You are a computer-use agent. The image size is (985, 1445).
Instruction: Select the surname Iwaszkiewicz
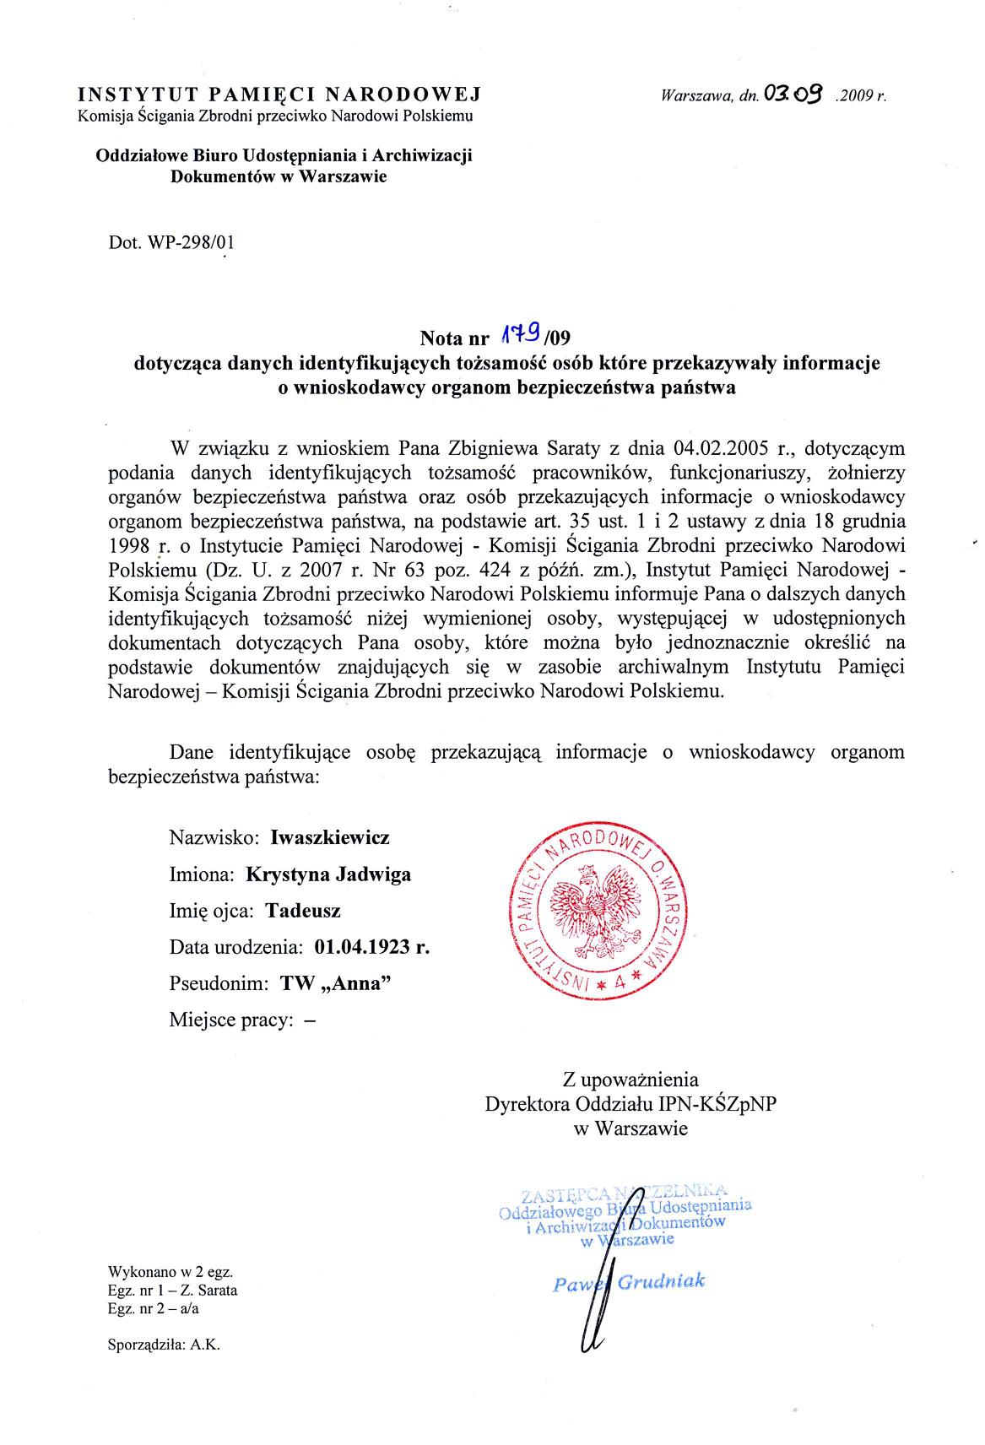click(330, 837)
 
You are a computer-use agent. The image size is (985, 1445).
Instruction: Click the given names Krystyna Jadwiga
click(328, 874)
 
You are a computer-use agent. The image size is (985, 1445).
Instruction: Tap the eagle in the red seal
click(596, 910)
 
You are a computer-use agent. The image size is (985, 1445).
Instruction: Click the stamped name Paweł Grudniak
click(629, 1283)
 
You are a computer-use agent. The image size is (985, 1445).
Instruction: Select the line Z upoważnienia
click(631, 1078)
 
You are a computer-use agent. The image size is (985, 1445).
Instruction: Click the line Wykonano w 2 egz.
click(170, 1271)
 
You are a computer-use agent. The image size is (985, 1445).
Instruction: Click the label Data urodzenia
click(235, 946)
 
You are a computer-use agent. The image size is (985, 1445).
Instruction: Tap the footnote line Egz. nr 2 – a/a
click(154, 1308)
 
